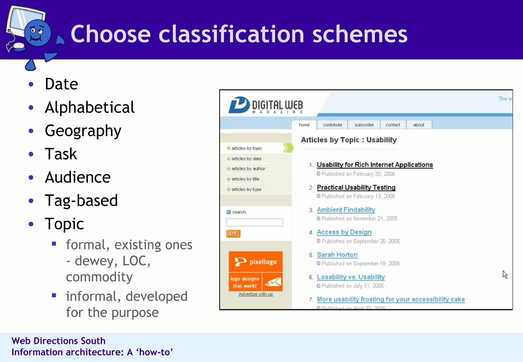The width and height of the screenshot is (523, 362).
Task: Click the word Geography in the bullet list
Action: click(x=83, y=131)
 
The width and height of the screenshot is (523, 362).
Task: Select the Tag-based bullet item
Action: click(x=81, y=200)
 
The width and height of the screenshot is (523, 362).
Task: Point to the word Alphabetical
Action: click(x=89, y=107)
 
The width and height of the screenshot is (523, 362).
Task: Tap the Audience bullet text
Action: click(x=78, y=177)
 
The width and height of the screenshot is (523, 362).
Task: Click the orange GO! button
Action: click(x=233, y=233)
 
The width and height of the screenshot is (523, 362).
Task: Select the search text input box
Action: click(x=254, y=222)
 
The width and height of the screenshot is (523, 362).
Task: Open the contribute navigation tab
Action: click(x=332, y=125)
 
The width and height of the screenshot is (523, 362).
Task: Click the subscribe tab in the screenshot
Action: click(x=364, y=125)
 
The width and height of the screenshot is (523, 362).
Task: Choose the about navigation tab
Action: click(x=418, y=125)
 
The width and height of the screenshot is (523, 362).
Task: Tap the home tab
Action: click(x=304, y=125)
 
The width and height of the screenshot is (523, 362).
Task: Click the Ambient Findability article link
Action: click(x=346, y=210)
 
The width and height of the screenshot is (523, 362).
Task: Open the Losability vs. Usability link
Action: click(x=351, y=277)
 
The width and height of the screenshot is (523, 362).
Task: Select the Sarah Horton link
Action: click(x=337, y=255)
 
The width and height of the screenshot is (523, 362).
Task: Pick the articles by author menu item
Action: click(x=248, y=169)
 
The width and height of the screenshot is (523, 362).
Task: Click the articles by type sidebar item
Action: click(x=246, y=189)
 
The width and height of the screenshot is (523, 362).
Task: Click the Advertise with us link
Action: click(x=256, y=294)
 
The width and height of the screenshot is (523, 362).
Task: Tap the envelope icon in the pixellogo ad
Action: click(x=273, y=282)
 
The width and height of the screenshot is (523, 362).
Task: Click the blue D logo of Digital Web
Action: click(x=239, y=105)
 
